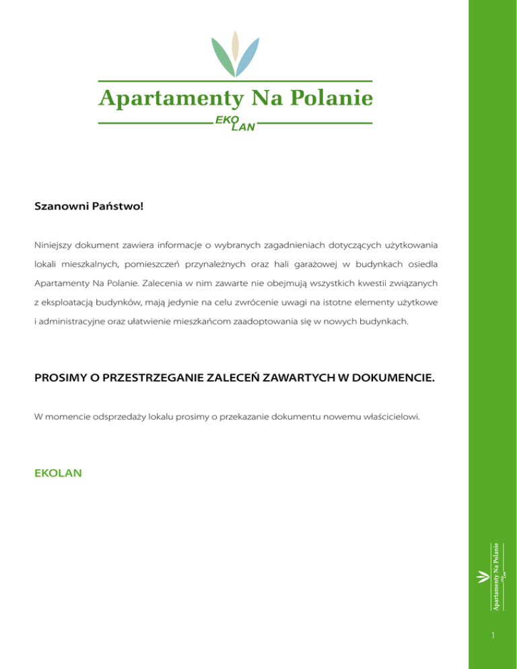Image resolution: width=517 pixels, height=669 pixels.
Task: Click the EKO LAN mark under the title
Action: [x=234, y=124]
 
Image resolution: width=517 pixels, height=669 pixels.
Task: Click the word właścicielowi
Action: [x=390, y=417]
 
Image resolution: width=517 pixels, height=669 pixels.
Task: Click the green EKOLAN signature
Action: [x=58, y=473]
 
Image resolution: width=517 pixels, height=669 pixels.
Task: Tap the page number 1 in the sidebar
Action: [x=493, y=636]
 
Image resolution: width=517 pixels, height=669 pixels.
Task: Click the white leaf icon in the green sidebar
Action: [x=483, y=577]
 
